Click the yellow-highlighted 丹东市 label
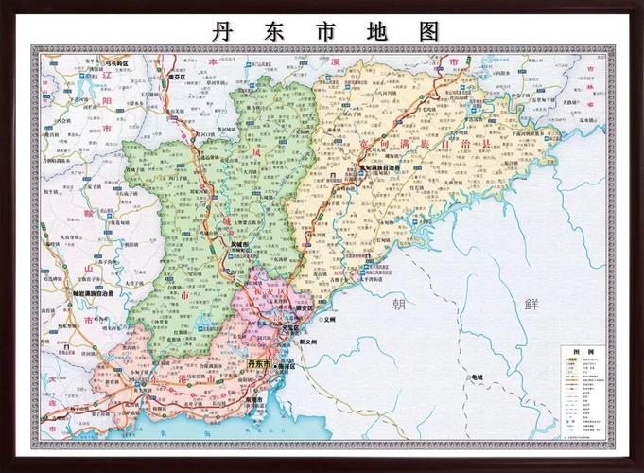click(x=258, y=363)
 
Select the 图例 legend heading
click(x=583, y=351)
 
